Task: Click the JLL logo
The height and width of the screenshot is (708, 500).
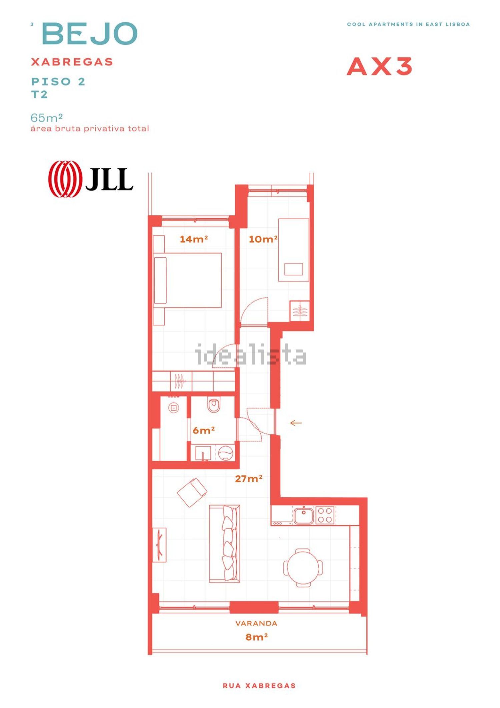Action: click(x=91, y=179)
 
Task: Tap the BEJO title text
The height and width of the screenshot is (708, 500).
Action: click(x=90, y=33)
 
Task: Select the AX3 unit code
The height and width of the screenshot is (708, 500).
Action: click(x=379, y=66)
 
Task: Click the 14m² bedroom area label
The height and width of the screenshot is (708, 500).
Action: click(x=194, y=239)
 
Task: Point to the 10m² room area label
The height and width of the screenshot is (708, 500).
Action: click(x=263, y=239)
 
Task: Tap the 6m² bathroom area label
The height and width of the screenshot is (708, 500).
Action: click(x=203, y=430)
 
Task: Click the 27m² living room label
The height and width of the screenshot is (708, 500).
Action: click(x=249, y=479)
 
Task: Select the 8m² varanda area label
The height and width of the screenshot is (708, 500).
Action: click(x=257, y=637)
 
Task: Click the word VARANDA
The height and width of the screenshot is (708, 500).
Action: click(x=256, y=623)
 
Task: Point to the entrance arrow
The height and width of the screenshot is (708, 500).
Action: click(x=296, y=423)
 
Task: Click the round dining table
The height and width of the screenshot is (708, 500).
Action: click(x=303, y=567)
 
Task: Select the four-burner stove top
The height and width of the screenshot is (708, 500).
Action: click(x=325, y=515)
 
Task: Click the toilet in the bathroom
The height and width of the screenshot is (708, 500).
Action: click(x=214, y=405)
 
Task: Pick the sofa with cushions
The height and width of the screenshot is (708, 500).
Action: click(x=224, y=544)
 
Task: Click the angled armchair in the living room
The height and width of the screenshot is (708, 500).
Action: click(x=192, y=493)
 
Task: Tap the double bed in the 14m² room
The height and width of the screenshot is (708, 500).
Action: click(x=187, y=280)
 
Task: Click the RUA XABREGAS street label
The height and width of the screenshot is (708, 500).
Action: click(x=259, y=686)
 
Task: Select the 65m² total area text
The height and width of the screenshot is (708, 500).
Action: click(x=47, y=118)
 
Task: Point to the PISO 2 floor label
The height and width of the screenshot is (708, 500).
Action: click(x=58, y=81)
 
